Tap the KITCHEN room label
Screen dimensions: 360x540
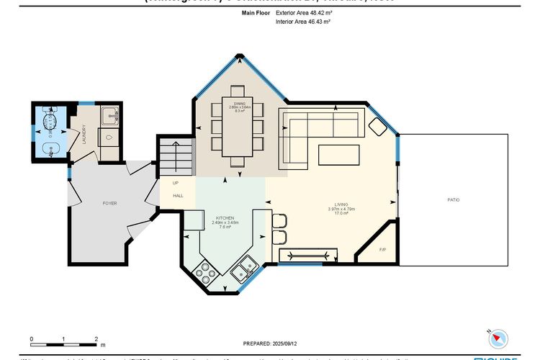(x=225, y=217)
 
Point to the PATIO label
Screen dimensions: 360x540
(x=453, y=199)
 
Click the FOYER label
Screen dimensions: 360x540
(x=109, y=203)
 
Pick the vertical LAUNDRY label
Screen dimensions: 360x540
(x=84, y=135)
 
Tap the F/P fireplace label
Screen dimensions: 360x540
(x=382, y=249)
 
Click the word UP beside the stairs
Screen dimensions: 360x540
(x=175, y=183)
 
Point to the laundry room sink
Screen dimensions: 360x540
(x=109, y=114)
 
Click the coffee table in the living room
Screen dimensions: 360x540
(x=338, y=155)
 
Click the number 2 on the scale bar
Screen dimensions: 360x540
(x=96, y=338)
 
